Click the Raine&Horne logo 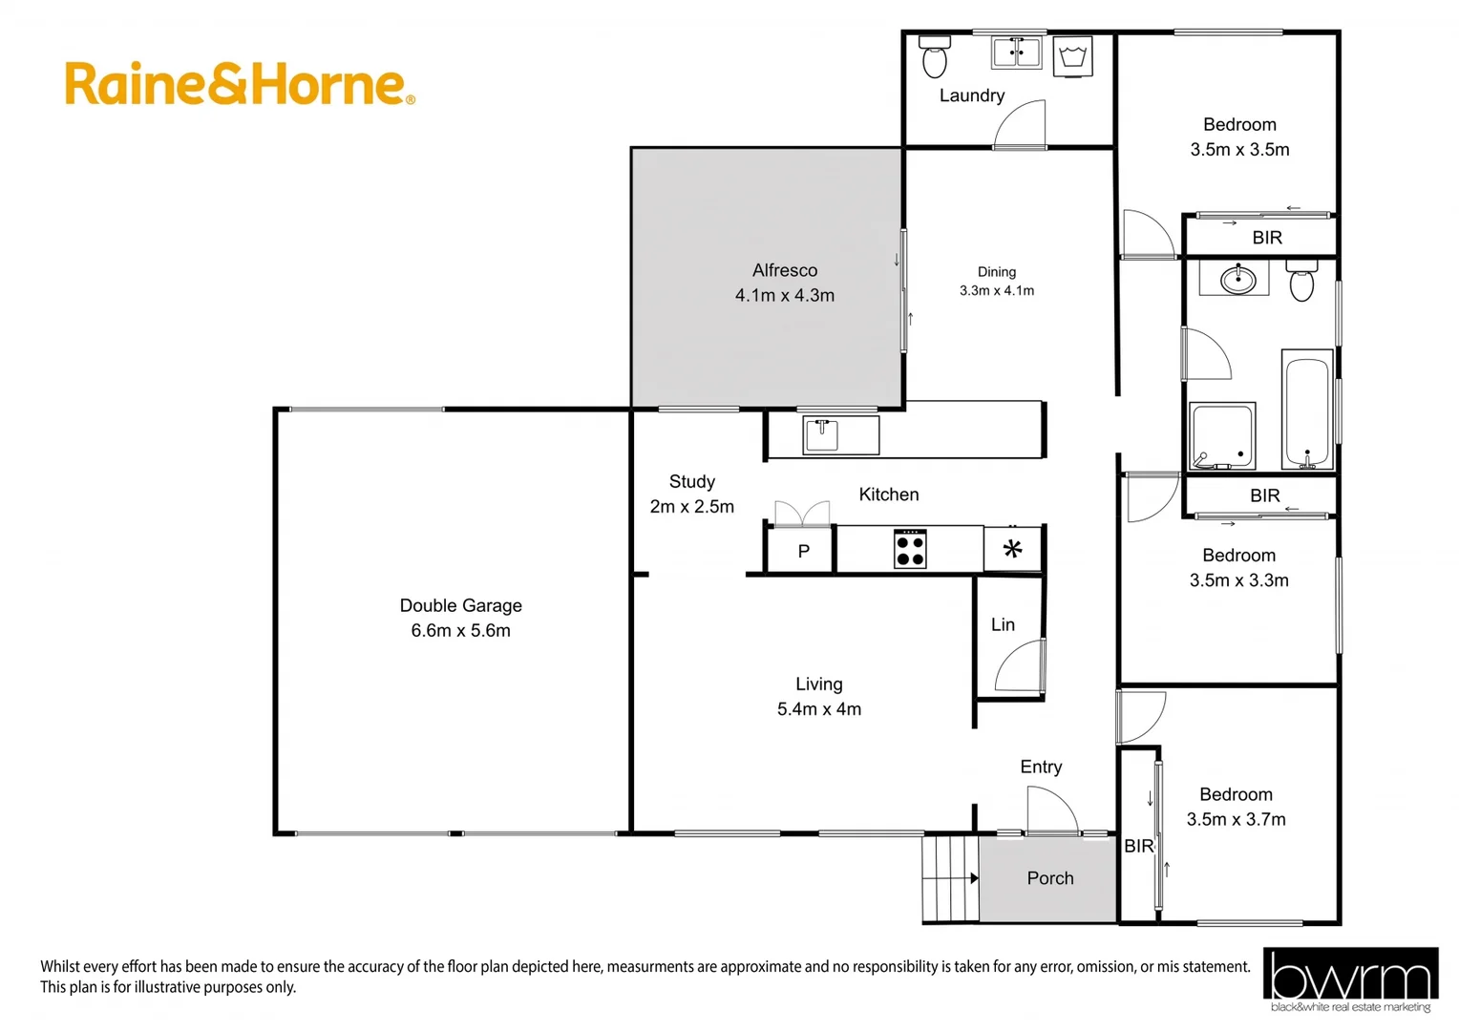(x=239, y=84)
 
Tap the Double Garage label (x=460, y=605)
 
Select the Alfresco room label (x=784, y=270)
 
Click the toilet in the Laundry (x=934, y=58)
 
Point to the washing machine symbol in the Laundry (x=1072, y=56)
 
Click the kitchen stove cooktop (x=910, y=549)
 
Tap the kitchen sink (x=821, y=435)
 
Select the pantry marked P (x=803, y=551)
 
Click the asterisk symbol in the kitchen (x=1012, y=549)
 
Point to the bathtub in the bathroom (x=1306, y=411)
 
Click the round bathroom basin (x=1238, y=281)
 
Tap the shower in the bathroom (x=1221, y=436)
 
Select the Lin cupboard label (x=1003, y=624)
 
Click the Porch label (x=1049, y=878)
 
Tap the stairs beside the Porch (x=951, y=877)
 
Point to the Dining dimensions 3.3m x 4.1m (x=997, y=290)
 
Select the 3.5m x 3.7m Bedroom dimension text (x=1236, y=819)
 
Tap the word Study (x=691, y=482)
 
